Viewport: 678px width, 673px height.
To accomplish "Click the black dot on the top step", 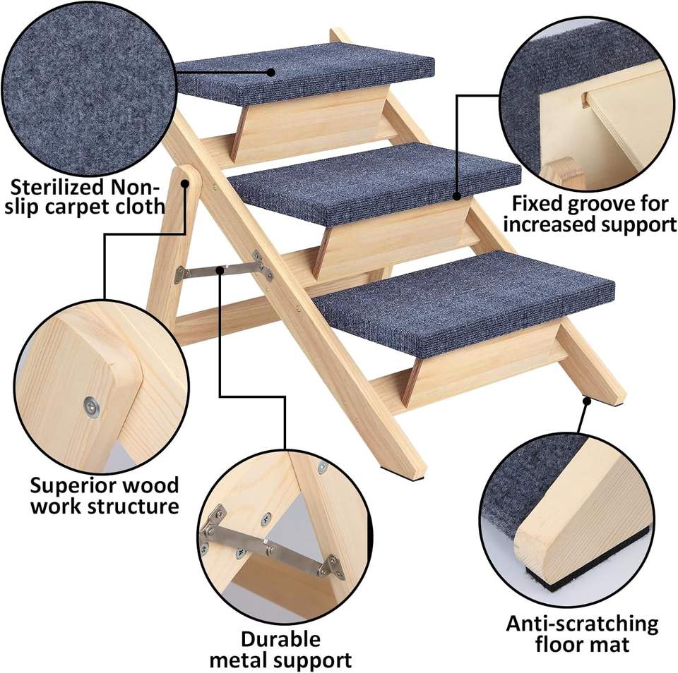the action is [x=270, y=71].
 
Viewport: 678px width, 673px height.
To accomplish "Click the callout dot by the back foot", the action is [x=586, y=401].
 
